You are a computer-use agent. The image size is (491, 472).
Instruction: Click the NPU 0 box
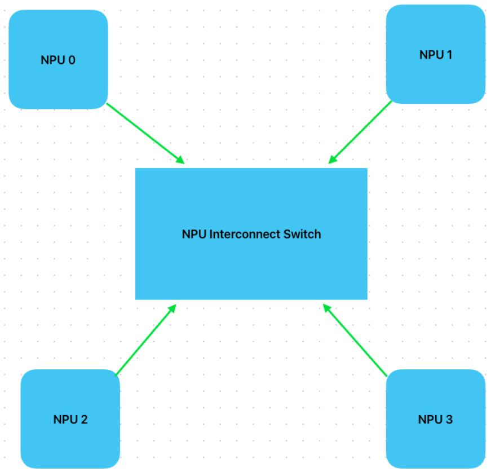58,59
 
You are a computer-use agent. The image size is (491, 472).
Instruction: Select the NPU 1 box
435,55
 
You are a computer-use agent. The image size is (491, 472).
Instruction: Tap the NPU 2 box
70,419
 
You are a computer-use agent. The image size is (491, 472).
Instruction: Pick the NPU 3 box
435,419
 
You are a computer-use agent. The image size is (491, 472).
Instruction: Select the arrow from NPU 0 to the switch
145,134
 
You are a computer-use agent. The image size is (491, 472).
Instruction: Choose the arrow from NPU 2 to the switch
145,340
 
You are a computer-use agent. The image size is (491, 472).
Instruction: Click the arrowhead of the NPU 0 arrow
180,160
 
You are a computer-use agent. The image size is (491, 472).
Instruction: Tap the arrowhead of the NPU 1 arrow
333,160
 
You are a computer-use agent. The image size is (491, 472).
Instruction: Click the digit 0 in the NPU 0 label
72,60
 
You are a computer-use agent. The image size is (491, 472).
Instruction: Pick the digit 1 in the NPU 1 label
449,55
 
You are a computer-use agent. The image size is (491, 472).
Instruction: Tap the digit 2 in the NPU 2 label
84,420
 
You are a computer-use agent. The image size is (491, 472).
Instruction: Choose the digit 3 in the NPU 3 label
449,420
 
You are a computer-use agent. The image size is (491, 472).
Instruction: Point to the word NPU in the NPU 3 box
429,420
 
